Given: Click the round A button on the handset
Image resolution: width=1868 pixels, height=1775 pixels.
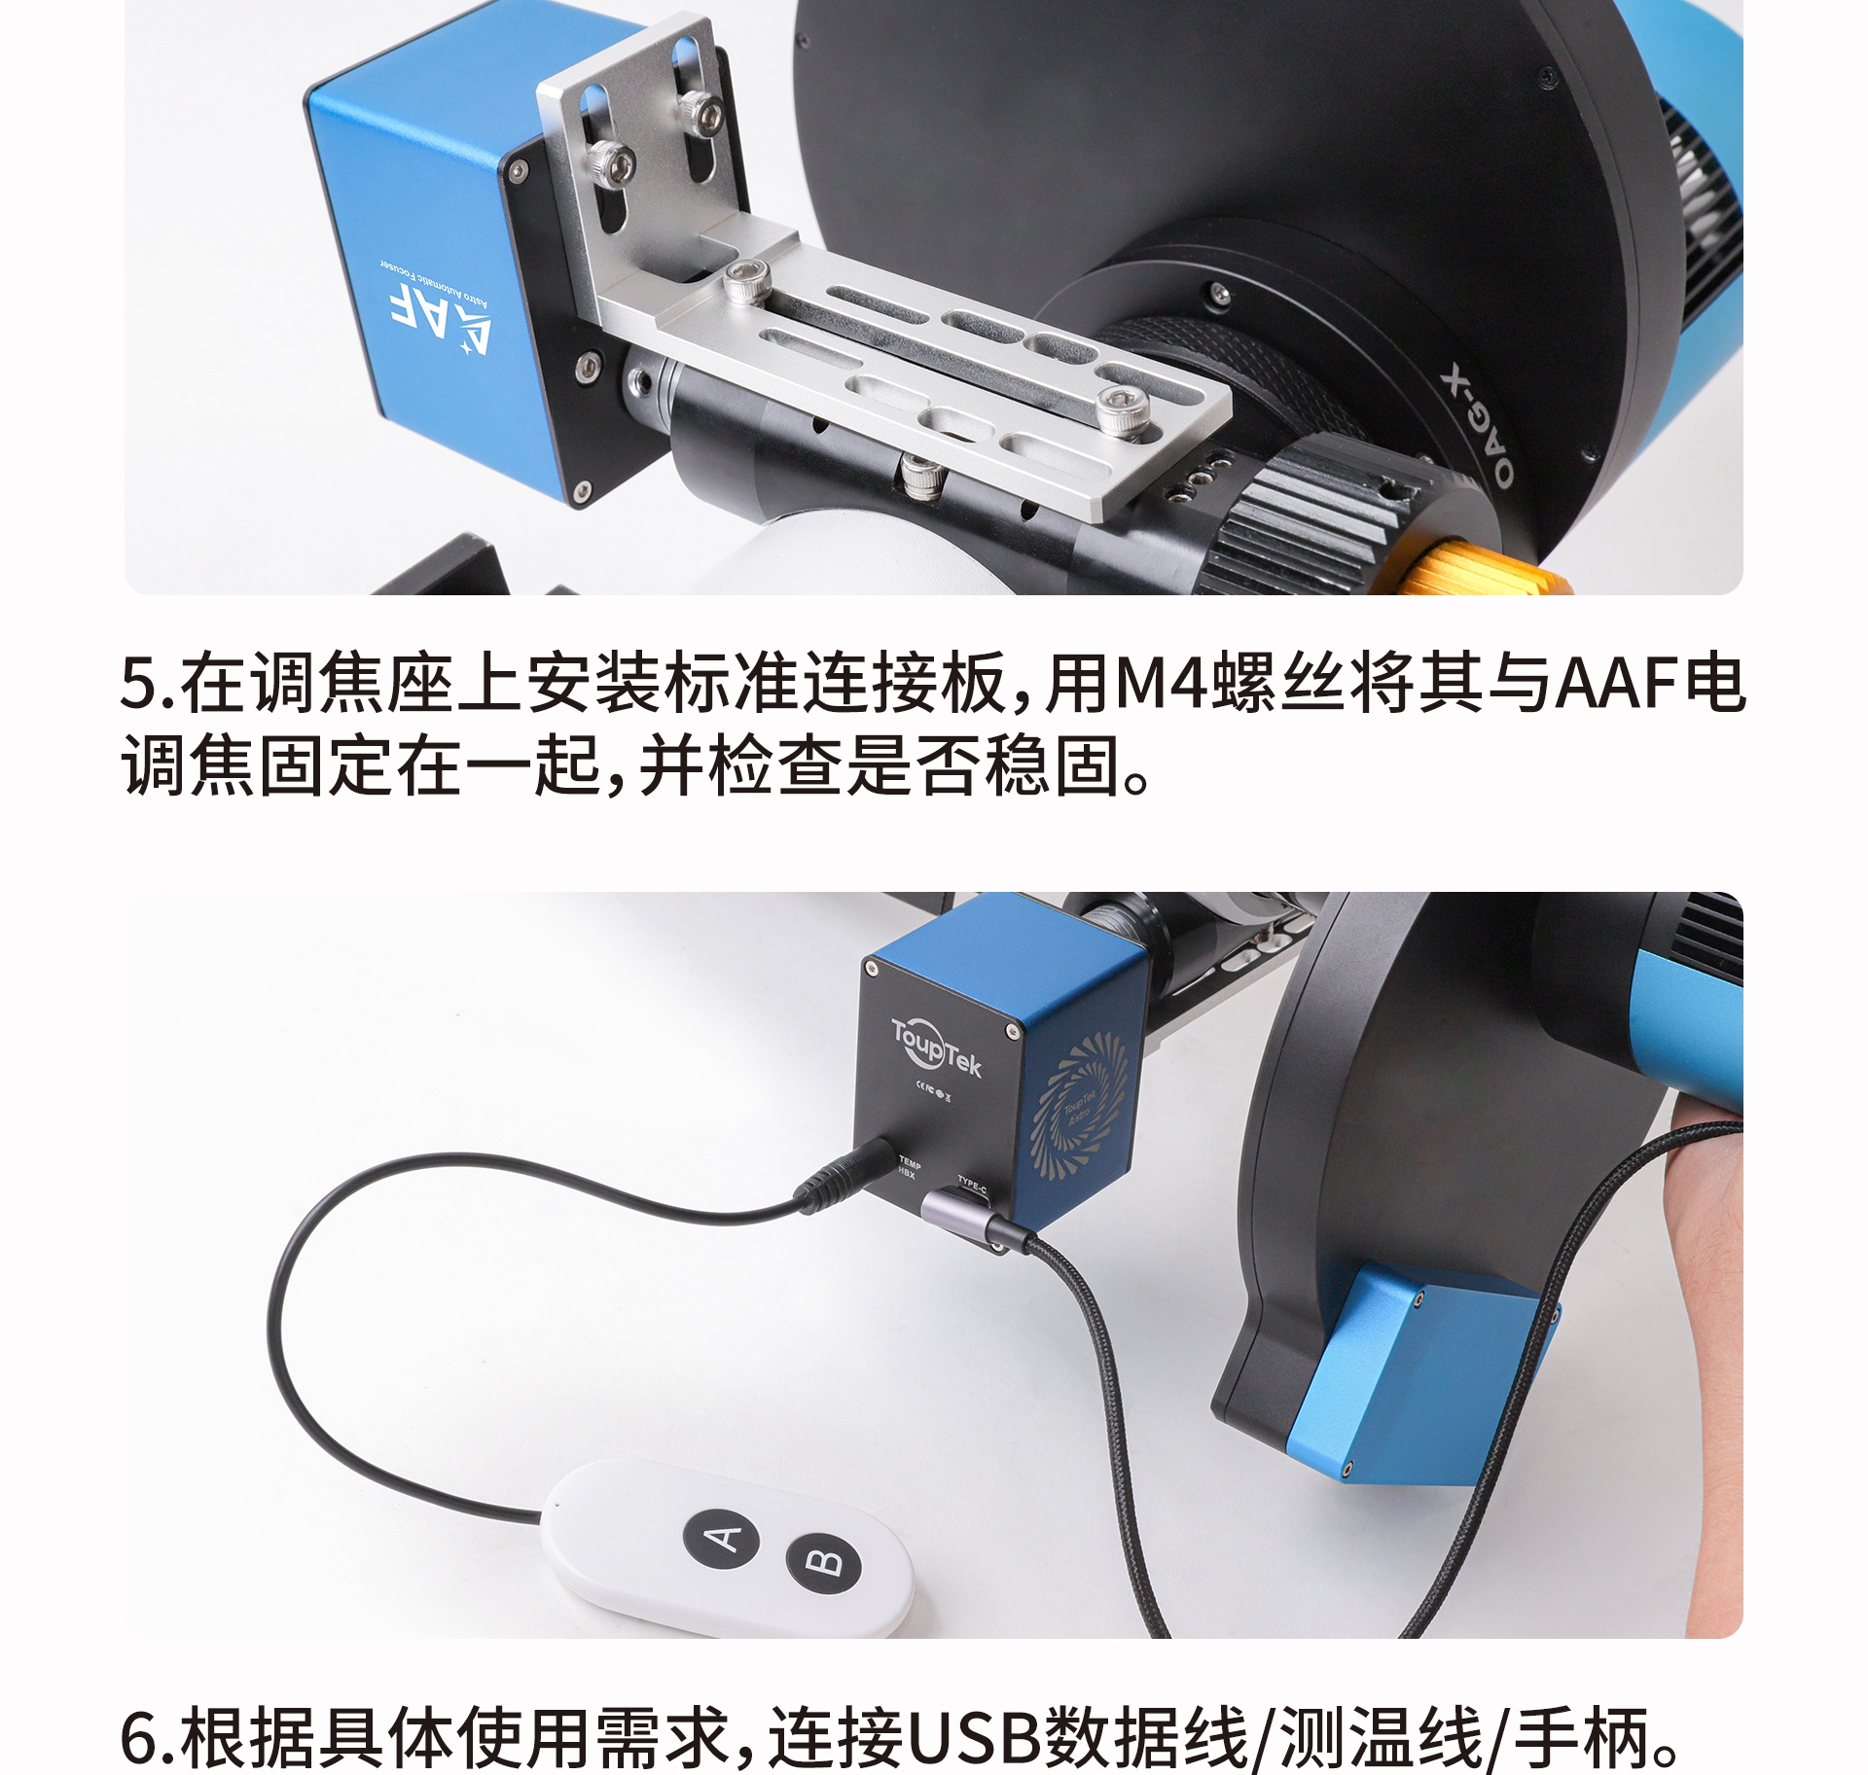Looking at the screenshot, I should [722, 1537].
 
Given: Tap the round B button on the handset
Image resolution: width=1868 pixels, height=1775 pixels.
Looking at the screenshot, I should [823, 1562].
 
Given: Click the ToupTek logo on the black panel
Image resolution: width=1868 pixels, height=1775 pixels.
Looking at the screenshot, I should [936, 1049].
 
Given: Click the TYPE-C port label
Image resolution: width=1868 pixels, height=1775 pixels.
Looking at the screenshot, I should [972, 1186].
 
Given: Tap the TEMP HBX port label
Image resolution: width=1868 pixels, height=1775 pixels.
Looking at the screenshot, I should [909, 1168].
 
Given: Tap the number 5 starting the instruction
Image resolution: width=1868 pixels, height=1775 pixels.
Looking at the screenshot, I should [137, 683].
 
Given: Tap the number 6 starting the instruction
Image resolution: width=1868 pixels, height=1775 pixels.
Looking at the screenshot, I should [137, 1738].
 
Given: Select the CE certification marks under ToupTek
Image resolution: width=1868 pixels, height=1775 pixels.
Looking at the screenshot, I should [932, 1092].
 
